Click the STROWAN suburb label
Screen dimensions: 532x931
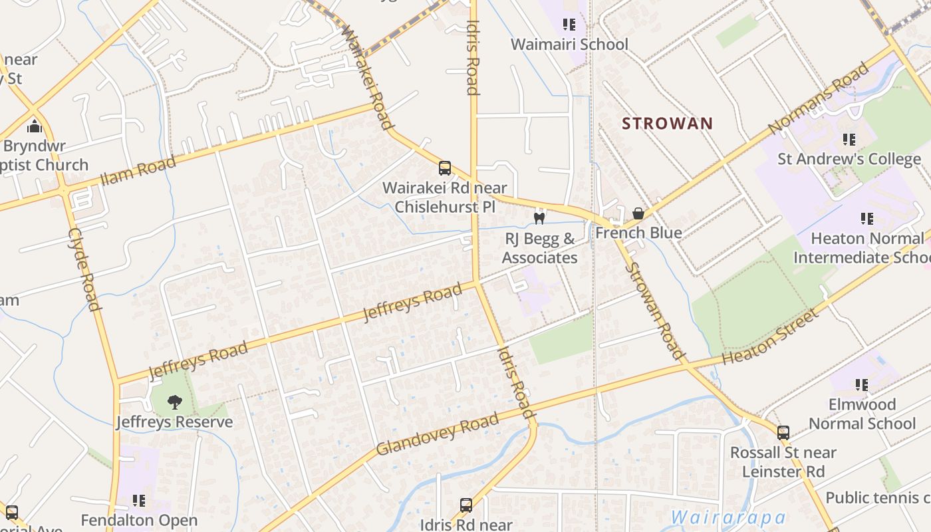[x=667, y=123]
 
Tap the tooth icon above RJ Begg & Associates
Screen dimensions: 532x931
[x=539, y=217]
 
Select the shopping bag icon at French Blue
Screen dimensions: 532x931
[x=638, y=213]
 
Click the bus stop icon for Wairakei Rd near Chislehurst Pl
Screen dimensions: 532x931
[x=444, y=168]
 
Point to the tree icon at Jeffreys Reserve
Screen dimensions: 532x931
[x=174, y=402]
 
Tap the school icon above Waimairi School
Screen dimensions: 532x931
[x=569, y=25]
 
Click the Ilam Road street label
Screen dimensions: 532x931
[x=138, y=171]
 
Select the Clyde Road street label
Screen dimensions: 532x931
[x=84, y=269]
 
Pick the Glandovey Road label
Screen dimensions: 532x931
[x=437, y=435]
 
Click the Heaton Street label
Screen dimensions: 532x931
[x=769, y=336]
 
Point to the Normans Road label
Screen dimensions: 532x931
[x=818, y=98]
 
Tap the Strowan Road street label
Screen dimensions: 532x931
[x=655, y=311]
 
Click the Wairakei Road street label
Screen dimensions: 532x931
[x=366, y=76]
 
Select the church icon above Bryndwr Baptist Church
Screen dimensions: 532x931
[x=35, y=126]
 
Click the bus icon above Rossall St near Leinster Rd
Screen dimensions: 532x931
[x=783, y=433]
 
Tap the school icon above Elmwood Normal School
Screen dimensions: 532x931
[x=861, y=384]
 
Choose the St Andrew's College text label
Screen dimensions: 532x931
[x=849, y=159]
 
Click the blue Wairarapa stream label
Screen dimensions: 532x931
[x=728, y=517]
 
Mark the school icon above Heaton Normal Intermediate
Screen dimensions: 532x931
[x=866, y=218]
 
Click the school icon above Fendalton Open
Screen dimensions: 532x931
[x=139, y=500]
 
